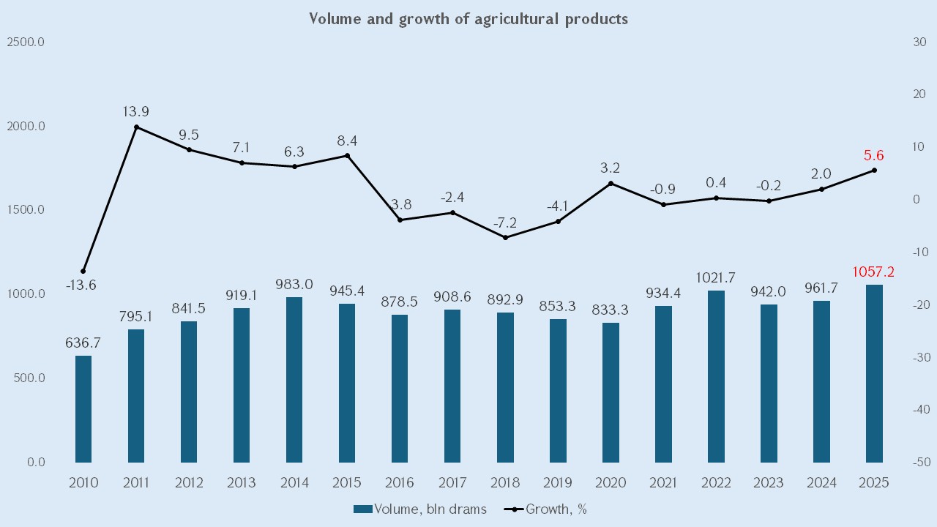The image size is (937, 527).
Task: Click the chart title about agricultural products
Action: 468,19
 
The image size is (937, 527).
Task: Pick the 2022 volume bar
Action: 716,376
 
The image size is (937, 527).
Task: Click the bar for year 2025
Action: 874,373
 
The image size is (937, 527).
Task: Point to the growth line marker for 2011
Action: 136,127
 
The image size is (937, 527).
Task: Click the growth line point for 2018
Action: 505,237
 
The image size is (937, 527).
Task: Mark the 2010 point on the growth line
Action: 83,272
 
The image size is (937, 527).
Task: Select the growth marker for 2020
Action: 611,184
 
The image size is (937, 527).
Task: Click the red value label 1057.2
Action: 874,272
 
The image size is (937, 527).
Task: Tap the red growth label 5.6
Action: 874,155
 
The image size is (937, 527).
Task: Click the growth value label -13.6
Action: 81,285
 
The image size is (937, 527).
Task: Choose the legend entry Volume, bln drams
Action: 420,509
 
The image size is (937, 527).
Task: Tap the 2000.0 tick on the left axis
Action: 26,127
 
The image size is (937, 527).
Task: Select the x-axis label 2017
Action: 452,483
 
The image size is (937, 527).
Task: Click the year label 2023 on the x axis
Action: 769,483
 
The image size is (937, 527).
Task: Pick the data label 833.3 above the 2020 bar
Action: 611,310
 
